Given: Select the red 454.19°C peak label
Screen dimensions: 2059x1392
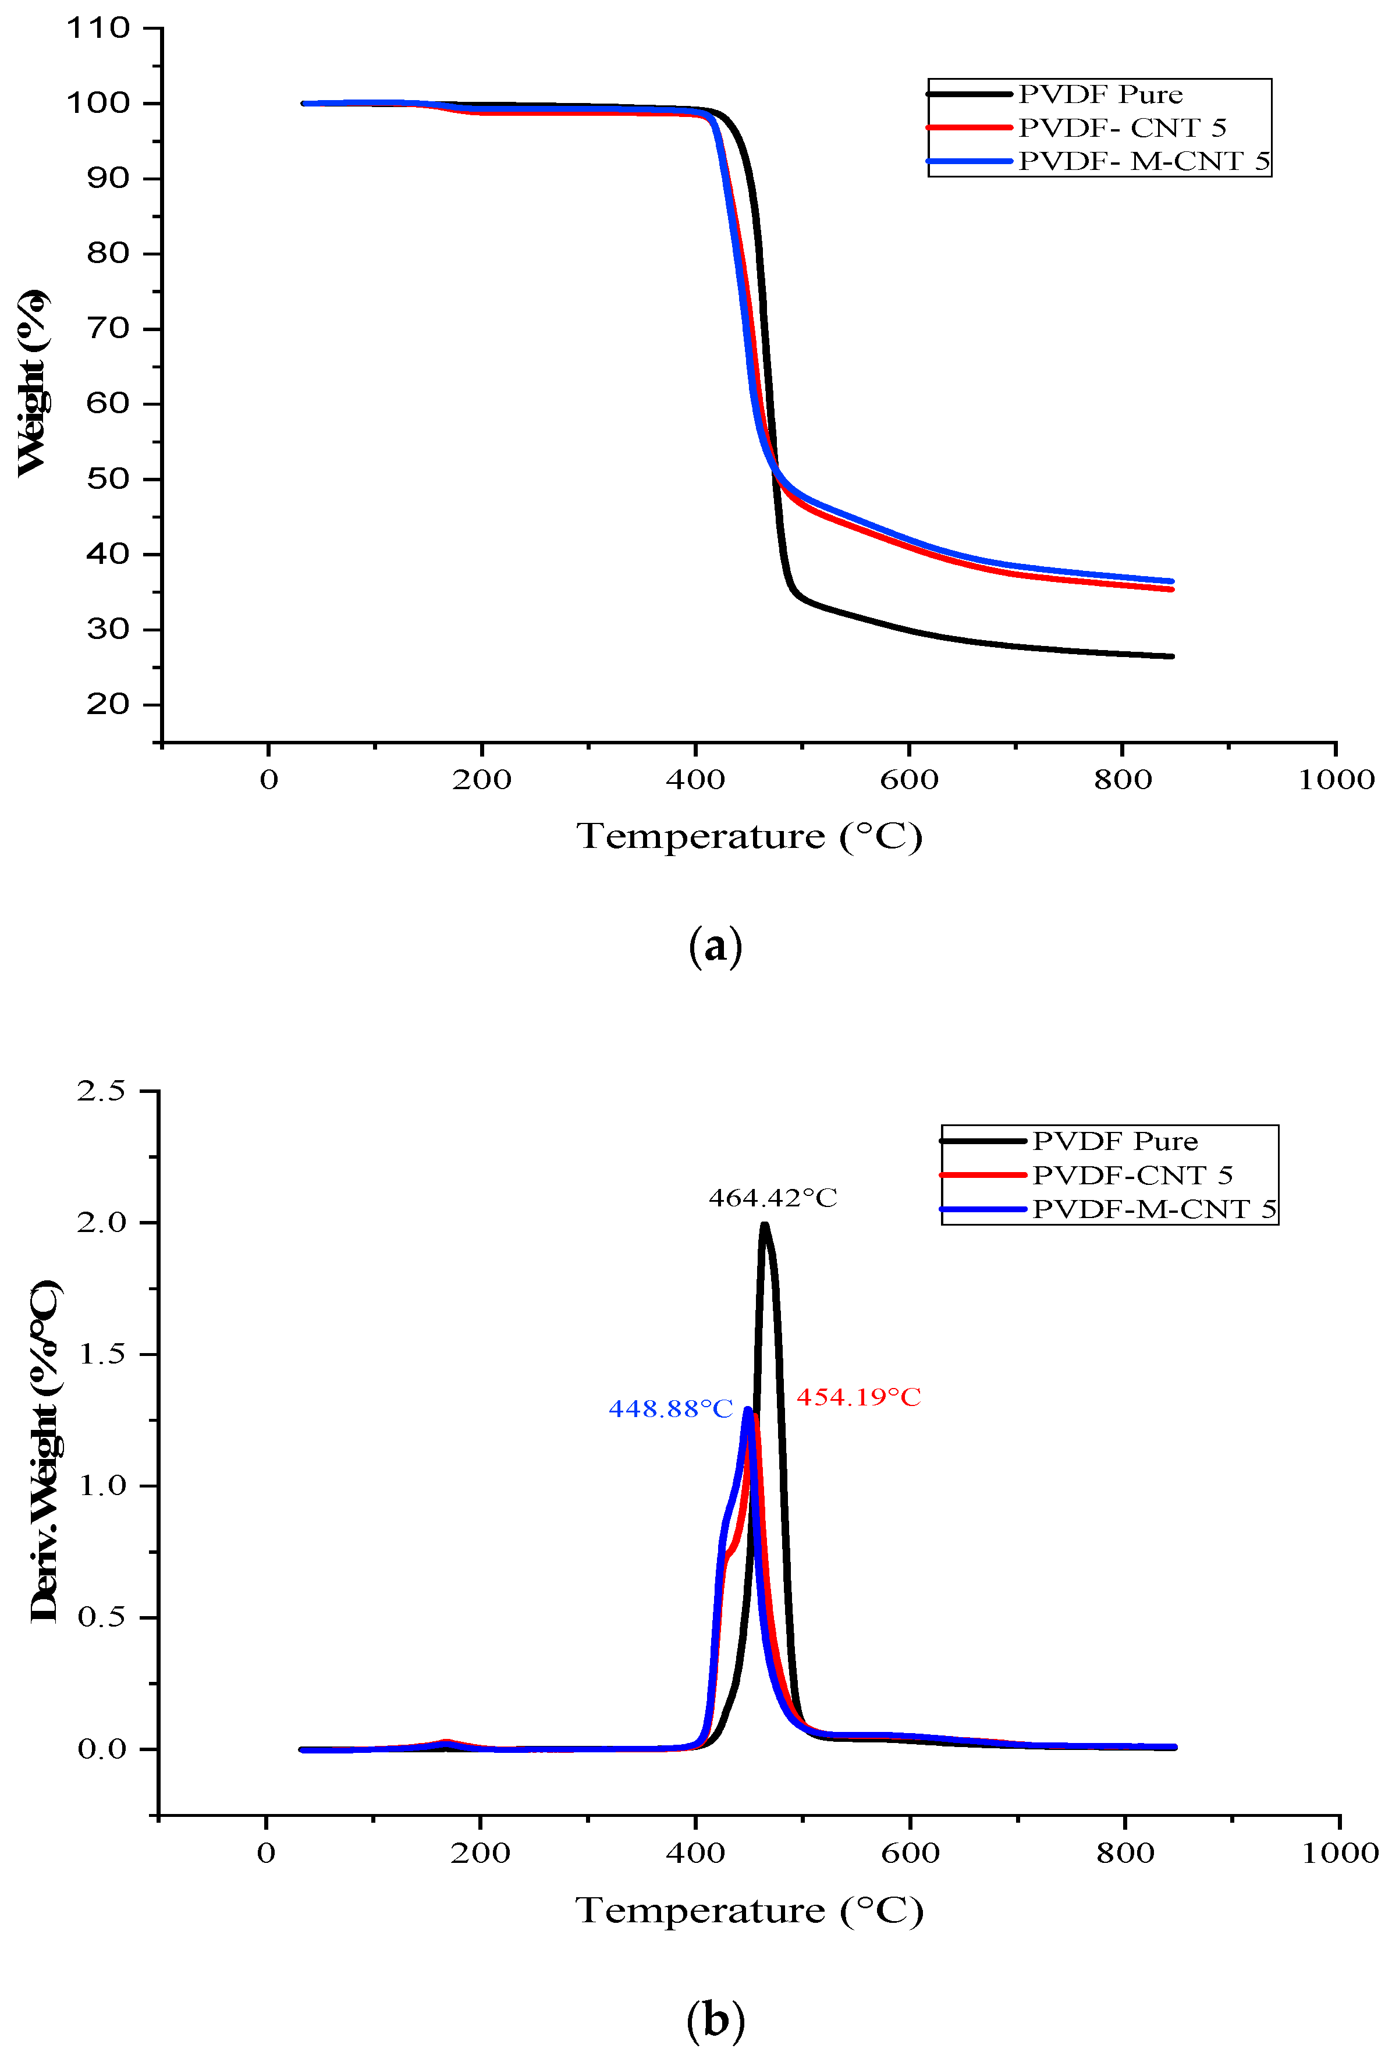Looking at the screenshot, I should coord(858,1397).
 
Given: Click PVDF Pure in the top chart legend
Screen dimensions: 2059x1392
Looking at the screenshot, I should coord(1100,94).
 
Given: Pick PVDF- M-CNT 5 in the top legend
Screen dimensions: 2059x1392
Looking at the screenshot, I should coord(1143,161).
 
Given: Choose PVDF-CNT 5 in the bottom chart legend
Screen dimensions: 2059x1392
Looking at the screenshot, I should coord(1131,1175).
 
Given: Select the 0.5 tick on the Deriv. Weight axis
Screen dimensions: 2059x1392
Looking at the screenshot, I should coord(101,1617).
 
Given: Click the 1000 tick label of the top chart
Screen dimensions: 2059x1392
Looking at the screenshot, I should coord(1336,780).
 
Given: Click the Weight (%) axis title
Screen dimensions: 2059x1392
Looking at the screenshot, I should coord(33,383).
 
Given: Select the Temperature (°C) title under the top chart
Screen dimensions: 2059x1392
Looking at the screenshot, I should coord(749,836).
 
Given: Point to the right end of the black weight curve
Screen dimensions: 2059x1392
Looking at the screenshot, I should coord(1171,656).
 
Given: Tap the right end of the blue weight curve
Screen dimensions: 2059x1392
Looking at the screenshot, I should coord(1171,581).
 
